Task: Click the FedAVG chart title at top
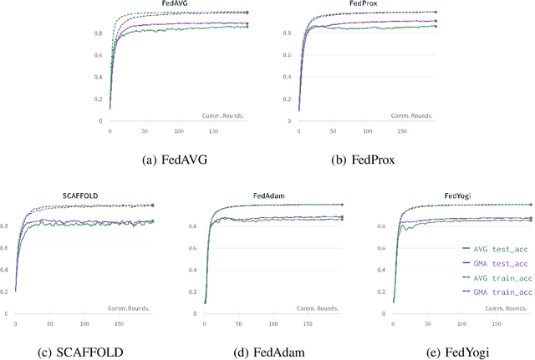point(175,4)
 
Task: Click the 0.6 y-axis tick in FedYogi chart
point(382,247)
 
